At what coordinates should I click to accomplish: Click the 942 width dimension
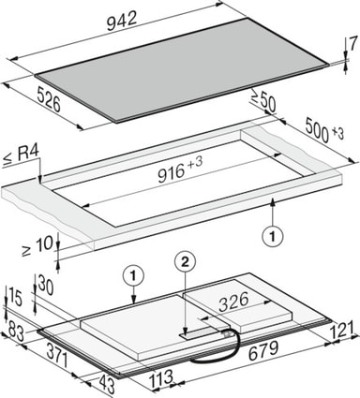pos(122,22)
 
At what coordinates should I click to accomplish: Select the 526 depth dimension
pos(49,99)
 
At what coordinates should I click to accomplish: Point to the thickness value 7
pos(352,44)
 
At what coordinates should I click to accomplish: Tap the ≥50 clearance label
pos(263,100)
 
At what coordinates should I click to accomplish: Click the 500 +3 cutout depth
pos(324,130)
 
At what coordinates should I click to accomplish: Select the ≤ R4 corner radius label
pos(22,155)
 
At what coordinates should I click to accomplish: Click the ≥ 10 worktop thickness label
pos(37,246)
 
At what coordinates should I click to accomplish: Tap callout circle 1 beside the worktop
pos(273,236)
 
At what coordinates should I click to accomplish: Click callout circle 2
pos(186,263)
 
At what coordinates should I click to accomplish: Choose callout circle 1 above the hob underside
pos(133,276)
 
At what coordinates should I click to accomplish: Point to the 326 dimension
pos(233,302)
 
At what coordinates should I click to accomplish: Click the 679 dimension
pos(263,350)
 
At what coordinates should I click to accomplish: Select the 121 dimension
pos(343,330)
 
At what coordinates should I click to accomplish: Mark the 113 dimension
pos(160,378)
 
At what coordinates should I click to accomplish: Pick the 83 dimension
pos(16,331)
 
